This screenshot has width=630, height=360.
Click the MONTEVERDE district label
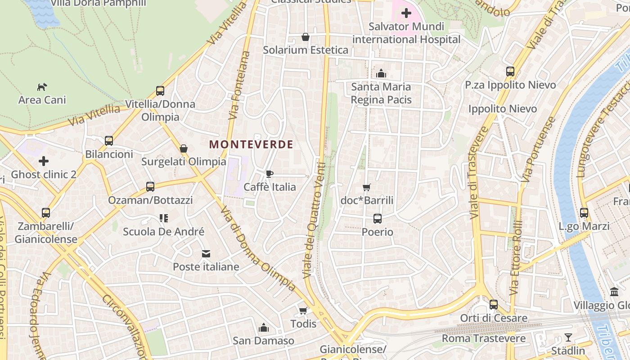click(251, 144)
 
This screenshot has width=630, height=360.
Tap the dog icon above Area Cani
click(42, 87)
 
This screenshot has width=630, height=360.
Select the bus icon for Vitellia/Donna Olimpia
click(160, 91)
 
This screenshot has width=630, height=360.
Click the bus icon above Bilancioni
click(109, 141)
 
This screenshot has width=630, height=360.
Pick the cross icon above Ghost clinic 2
click(44, 161)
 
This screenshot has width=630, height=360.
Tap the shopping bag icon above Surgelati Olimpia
click(184, 148)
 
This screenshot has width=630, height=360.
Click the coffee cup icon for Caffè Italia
click(270, 174)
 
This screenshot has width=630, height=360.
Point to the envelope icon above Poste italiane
click(206, 254)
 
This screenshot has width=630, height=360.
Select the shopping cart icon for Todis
click(303, 311)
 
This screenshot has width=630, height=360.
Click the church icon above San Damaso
click(264, 328)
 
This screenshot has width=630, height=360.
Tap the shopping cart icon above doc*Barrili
click(367, 187)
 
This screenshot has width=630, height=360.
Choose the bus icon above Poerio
click(378, 219)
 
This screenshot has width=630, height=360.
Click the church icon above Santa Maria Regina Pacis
click(381, 73)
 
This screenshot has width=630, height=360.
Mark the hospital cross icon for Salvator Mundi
click(406, 13)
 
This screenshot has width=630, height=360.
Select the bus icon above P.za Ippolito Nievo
click(510, 72)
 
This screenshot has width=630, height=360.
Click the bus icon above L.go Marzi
click(584, 213)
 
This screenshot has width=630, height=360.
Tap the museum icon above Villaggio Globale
click(614, 292)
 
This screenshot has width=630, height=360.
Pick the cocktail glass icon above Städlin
click(568, 337)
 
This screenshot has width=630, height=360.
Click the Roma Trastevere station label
click(483, 338)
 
